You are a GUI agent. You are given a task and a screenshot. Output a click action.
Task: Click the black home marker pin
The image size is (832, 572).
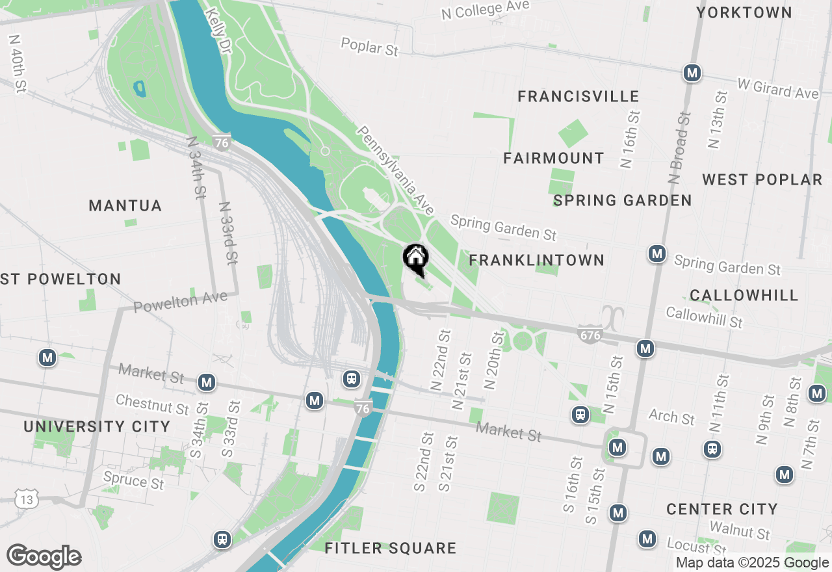(x=415, y=259)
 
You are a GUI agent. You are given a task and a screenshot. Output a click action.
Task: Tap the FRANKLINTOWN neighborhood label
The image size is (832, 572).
(x=536, y=261)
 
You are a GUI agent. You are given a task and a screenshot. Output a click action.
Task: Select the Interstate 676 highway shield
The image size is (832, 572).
(x=589, y=335)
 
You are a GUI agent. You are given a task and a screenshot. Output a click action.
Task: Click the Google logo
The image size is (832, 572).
(x=44, y=557)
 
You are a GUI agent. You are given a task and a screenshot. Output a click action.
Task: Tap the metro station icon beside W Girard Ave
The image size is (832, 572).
(x=692, y=73)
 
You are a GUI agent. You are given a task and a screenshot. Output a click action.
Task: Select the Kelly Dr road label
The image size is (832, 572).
(x=217, y=31)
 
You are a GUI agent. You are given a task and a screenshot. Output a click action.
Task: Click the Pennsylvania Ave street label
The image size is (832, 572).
(x=395, y=170)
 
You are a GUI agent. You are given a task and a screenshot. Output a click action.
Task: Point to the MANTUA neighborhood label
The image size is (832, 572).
(x=125, y=206)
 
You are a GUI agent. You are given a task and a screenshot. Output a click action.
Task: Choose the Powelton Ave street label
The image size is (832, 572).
(x=181, y=302)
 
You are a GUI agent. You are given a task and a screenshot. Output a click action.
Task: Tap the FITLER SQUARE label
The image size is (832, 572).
(x=390, y=549)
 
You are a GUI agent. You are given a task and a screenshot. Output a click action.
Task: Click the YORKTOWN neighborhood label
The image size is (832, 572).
(x=744, y=12)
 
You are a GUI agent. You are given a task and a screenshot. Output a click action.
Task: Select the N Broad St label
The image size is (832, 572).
(x=679, y=147)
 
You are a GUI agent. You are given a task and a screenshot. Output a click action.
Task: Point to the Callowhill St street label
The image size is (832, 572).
(x=704, y=317)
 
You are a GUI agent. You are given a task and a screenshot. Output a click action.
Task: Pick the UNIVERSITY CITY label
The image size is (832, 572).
(x=97, y=427)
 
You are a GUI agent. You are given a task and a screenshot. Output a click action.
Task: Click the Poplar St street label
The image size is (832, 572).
(x=369, y=47)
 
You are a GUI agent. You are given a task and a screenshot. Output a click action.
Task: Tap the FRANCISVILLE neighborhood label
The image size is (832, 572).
(x=578, y=97)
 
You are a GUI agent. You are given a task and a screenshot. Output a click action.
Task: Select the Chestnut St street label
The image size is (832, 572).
(x=152, y=404)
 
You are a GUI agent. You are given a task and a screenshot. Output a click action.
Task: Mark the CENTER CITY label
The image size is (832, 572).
(x=721, y=509)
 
